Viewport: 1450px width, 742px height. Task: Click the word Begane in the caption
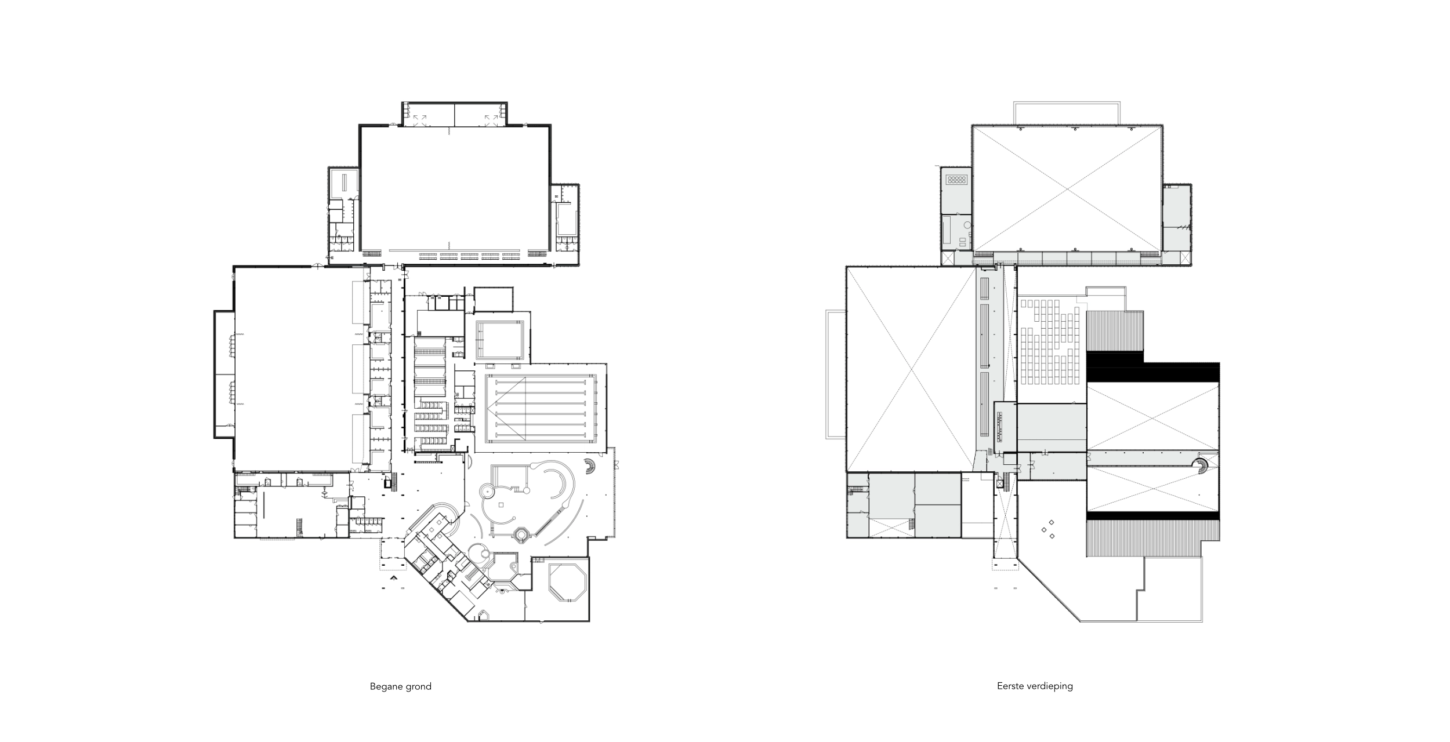(x=383, y=687)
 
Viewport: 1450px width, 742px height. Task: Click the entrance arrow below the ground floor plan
(x=394, y=577)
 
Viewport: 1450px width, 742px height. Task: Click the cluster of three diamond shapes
(x=1047, y=529)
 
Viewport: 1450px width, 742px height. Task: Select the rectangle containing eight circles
(x=956, y=179)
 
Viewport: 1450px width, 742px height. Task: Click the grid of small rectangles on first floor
(x=1049, y=341)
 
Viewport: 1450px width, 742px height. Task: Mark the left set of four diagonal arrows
(x=419, y=119)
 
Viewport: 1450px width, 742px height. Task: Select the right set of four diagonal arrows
(x=491, y=119)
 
